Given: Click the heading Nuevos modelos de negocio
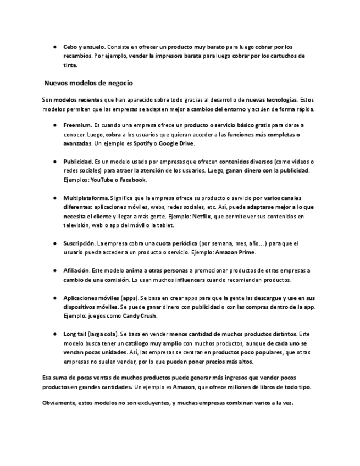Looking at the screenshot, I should (x=88, y=83).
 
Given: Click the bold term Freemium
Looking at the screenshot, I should (x=76, y=125).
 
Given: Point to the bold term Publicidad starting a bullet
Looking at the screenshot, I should (x=77, y=162).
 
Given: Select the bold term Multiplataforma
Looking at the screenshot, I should (x=86, y=198).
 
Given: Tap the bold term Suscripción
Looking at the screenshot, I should (x=79, y=243).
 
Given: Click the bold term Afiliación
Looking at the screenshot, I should (x=76, y=270).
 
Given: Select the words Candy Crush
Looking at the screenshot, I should (x=140, y=315).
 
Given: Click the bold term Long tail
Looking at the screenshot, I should (x=76, y=334).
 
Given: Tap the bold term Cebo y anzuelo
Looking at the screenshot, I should (x=84, y=47).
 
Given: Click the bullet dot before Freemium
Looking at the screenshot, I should (x=56, y=125).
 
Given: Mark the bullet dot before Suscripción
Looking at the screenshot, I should (x=56, y=243).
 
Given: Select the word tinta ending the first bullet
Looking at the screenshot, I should (x=70, y=65).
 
